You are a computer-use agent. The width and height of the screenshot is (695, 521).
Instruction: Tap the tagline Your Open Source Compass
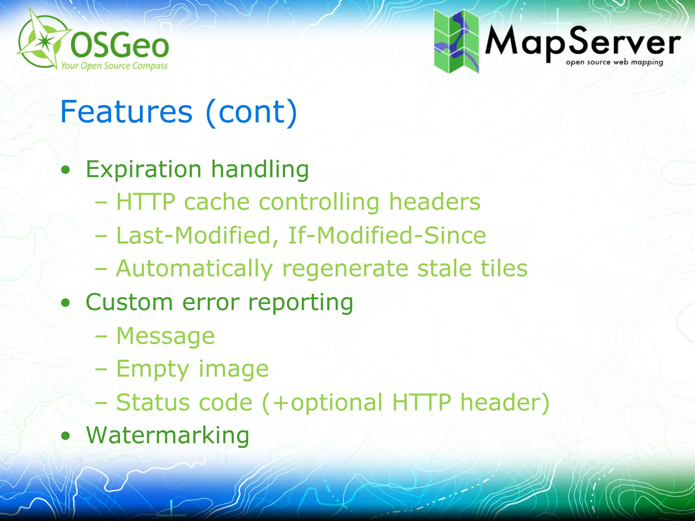tap(114, 65)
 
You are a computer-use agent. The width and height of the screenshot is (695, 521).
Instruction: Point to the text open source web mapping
tap(614, 62)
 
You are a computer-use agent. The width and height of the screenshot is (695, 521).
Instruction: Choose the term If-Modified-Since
tap(387, 235)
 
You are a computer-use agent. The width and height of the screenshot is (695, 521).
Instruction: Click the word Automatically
tap(194, 268)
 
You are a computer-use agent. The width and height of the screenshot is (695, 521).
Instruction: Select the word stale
tap(444, 268)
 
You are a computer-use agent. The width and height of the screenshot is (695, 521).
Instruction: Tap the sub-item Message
tap(166, 335)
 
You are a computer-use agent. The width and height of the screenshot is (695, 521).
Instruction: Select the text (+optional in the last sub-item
tap(322, 402)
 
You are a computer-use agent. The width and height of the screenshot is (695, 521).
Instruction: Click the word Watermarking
tap(168, 435)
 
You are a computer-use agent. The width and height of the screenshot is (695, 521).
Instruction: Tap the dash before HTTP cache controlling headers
tap(101, 202)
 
